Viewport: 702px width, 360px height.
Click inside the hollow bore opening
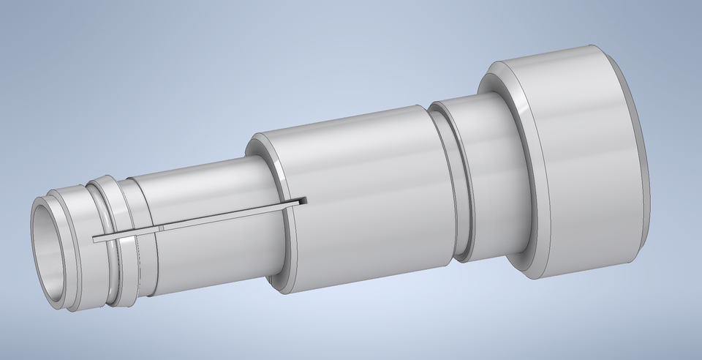point(53,252)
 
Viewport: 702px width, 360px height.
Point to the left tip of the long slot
point(96,239)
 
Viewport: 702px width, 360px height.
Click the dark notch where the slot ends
point(302,200)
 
